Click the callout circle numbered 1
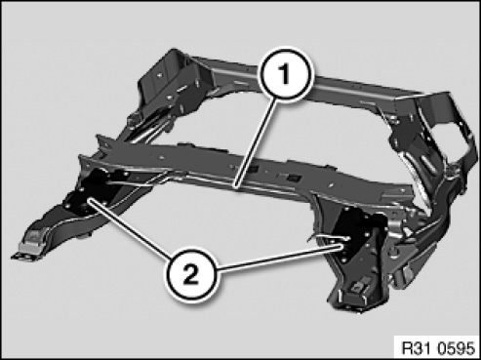285,74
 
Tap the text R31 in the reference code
417,348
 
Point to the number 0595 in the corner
456,348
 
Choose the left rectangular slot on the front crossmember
254,169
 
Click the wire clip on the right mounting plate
329,238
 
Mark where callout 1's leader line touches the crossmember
236,187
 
